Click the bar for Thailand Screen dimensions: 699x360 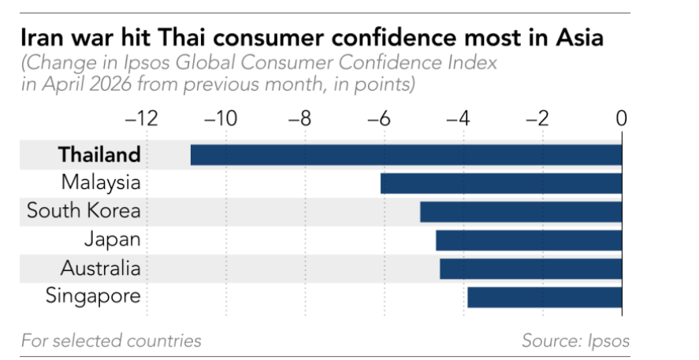[x=406, y=154]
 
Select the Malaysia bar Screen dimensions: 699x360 [x=501, y=183]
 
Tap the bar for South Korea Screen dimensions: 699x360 [x=521, y=212]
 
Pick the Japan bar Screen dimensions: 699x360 [x=529, y=240]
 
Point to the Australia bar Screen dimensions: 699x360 [x=530, y=269]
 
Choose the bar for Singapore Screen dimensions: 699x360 [x=545, y=297]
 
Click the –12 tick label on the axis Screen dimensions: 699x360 [x=141, y=119]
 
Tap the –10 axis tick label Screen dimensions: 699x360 [x=221, y=119]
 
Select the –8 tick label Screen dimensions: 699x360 [x=300, y=119]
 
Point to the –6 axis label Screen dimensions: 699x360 [x=379, y=119]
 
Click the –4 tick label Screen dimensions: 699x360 [x=459, y=119]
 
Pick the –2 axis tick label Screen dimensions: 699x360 [x=537, y=119]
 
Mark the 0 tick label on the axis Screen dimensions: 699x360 [x=622, y=119]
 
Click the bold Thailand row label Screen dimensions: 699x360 [x=99, y=154]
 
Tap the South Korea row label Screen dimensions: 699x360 [x=84, y=211]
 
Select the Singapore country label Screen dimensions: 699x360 [x=93, y=296]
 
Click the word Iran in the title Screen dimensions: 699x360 [x=43, y=38]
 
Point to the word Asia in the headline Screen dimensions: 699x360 [x=579, y=38]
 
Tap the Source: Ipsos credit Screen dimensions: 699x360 [x=575, y=341]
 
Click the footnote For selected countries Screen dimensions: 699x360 [x=111, y=341]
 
